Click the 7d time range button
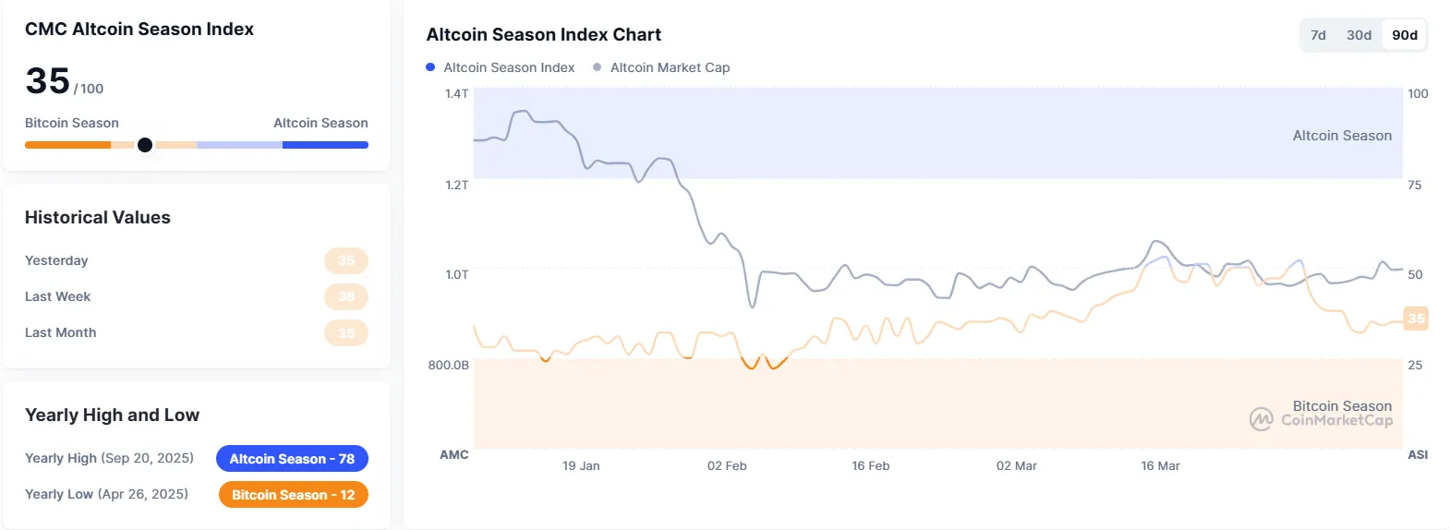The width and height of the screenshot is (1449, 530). [x=1318, y=35]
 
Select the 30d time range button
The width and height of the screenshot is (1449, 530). [x=1358, y=35]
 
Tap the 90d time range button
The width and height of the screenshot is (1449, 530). [x=1405, y=35]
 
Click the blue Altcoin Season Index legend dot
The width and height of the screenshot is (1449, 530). [x=430, y=67]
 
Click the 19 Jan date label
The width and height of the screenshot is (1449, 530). [x=581, y=466]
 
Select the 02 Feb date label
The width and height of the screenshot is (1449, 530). [x=727, y=466]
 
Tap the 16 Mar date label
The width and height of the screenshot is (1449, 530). [x=1160, y=466]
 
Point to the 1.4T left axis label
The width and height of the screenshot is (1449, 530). [x=456, y=93]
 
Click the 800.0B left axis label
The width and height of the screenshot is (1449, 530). [x=448, y=366]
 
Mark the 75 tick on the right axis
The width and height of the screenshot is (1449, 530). [x=1415, y=186]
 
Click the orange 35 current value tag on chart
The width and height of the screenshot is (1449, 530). [x=1416, y=319]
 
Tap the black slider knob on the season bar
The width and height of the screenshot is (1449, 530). [x=145, y=145]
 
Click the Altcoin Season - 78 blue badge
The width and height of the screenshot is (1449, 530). [x=292, y=459]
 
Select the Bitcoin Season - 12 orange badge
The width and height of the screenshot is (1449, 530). [x=293, y=495]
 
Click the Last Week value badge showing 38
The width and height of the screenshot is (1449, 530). [x=346, y=296]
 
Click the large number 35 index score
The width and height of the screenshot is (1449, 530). [x=48, y=81]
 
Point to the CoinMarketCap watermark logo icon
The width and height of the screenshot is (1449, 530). [x=1261, y=419]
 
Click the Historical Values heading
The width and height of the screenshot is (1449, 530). [x=98, y=218]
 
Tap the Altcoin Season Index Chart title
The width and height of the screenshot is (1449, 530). [x=543, y=35]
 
